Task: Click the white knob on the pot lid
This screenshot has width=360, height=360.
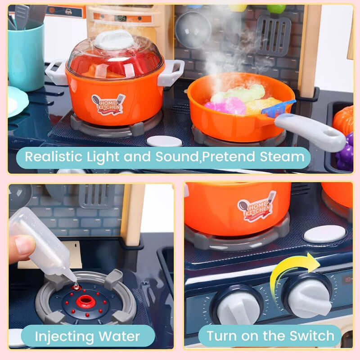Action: [x=114, y=40]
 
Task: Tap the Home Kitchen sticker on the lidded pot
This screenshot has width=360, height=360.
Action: [x=108, y=104]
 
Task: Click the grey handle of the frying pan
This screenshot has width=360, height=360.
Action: [x=310, y=132]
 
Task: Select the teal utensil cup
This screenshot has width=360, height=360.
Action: [x=26, y=56]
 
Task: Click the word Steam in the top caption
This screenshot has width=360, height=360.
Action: [x=282, y=157]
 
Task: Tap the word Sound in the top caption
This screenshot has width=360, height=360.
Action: [x=177, y=157]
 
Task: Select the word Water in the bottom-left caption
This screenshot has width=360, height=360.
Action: [x=119, y=336]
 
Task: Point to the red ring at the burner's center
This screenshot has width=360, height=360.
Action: [x=86, y=301]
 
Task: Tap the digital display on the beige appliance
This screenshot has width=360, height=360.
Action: [x=120, y=18]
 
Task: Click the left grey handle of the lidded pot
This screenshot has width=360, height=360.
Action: [x=55, y=72]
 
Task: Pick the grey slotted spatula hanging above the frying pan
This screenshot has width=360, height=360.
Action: [x=273, y=36]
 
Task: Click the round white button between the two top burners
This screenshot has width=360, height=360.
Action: [x=164, y=141]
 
